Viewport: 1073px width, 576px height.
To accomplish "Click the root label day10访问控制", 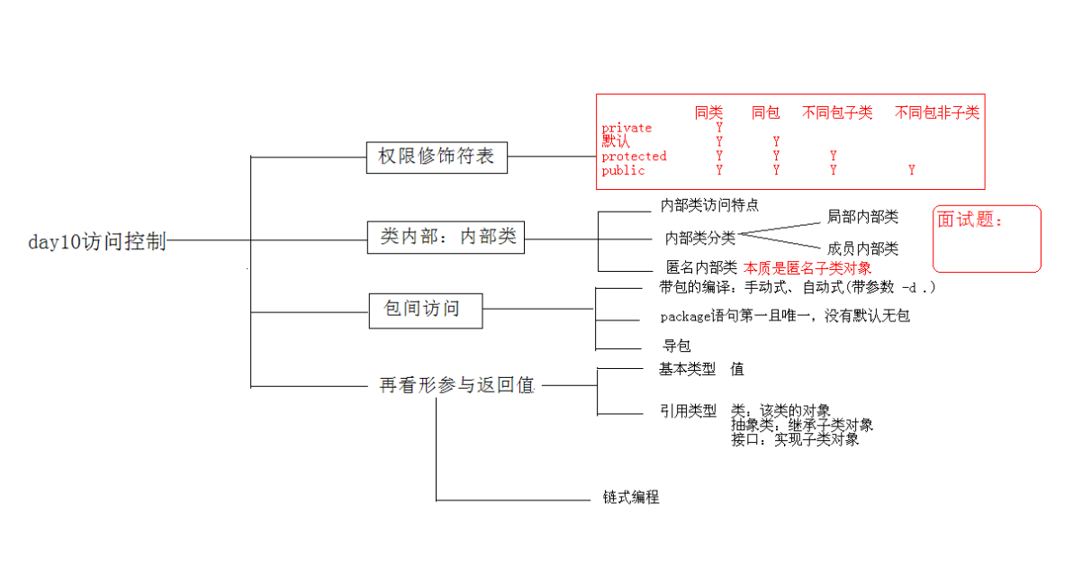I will pos(97,241).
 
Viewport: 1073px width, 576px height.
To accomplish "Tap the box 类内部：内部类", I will pos(446,238).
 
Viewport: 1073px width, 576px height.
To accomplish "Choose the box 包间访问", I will pos(425,310).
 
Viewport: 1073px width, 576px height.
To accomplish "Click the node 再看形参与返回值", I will pos(457,385).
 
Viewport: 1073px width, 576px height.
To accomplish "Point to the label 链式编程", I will pos(631,498).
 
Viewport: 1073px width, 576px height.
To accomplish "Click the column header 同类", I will pos(708,112).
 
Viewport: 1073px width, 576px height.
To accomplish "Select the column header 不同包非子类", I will pos(937,112).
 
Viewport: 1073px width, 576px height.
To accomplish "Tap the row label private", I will pos(627,128).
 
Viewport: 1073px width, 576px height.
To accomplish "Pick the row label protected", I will pos(634,157).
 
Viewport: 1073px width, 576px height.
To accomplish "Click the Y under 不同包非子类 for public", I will pos(912,170).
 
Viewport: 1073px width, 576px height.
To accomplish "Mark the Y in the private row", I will pos(719,128).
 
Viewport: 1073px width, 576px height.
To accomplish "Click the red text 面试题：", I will pos(969,220).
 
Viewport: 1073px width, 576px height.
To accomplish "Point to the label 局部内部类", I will pos(862,217).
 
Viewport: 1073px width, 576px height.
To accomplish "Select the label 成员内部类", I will pos(862,249).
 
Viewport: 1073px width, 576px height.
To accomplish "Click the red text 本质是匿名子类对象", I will pos(807,267).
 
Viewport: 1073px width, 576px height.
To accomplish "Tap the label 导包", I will pos(677,346).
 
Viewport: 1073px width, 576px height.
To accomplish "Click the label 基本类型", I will pos(687,369).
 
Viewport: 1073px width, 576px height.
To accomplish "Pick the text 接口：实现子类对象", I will pos(795,439).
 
